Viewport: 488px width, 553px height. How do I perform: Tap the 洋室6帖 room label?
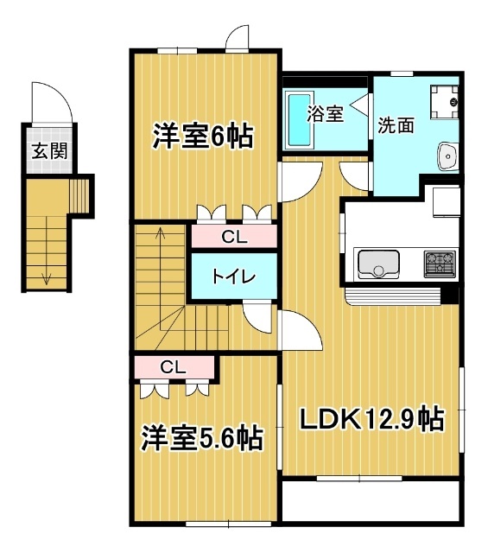click(x=203, y=136)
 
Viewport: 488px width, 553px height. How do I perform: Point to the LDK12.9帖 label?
click(x=371, y=420)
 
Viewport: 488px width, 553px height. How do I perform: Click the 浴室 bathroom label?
click(x=326, y=114)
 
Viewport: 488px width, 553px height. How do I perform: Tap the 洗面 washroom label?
click(x=395, y=124)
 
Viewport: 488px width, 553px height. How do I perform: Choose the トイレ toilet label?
click(x=233, y=276)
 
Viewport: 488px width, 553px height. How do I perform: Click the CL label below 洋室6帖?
click(x=232, y=235)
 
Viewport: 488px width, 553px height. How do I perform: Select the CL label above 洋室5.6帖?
click(x=173, y=367)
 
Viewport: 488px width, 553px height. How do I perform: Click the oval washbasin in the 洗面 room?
click(x=447, y=156)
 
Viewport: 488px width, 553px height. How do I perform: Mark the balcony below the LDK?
click(x=371, y=501)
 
